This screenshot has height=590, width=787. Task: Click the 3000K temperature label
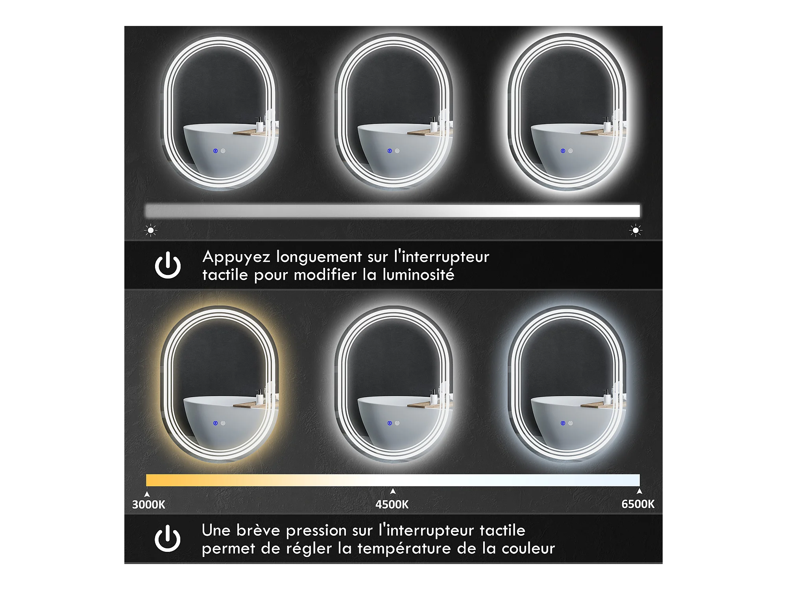coord(148,504)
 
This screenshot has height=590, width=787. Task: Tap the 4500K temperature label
coord(392,504)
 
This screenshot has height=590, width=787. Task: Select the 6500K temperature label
coord(638,504)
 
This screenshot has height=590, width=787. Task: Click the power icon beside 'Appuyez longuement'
coord(168,265)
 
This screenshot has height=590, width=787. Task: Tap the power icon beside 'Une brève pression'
coord(167,538)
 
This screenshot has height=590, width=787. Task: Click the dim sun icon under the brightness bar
coord(151,230)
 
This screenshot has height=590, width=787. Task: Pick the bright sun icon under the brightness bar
coord(636,230)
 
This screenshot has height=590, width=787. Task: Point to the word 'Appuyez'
coord(236,257)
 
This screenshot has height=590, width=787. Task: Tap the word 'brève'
coord(258,530)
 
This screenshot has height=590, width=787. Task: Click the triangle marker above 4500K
coord(393,491)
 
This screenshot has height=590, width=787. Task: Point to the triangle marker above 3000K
coord(147,494)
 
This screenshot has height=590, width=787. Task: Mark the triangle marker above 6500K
coord(639,491)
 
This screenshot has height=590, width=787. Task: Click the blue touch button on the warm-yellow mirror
coord(215,423)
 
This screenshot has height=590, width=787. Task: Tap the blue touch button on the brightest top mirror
coord(563,151)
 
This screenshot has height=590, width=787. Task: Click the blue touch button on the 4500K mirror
coord(390,423)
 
